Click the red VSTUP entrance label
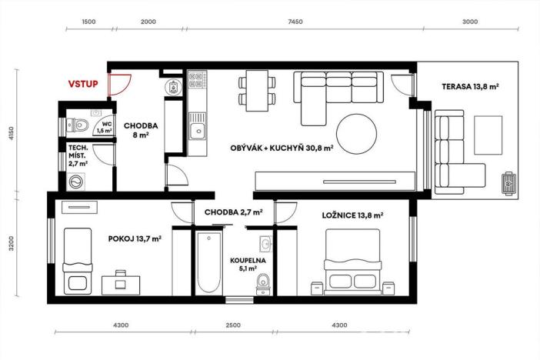click(83, 83)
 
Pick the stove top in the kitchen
click(196, 81)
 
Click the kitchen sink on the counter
click(198, 129)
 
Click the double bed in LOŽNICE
click(353, 266)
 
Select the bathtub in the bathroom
click(208, 262)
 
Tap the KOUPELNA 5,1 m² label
click(248, 265)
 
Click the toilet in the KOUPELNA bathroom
click(263, 284)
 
